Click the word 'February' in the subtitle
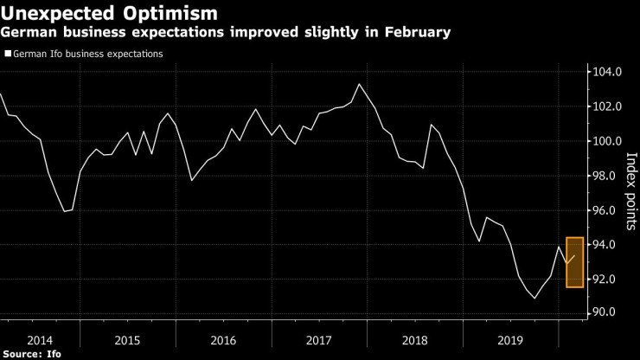[415, 32]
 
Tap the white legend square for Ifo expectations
[7, 54]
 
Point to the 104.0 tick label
[606, 72]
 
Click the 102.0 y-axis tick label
[606, 106]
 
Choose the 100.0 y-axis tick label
[606, 141]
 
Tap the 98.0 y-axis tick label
[608, 176]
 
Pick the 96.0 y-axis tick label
[608, 210]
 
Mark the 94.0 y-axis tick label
[608, 245]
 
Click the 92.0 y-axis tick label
[608, 280]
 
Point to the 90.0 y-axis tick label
[608, 312]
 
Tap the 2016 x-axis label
[223, 340]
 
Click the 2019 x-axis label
[510, 340]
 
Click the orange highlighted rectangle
[575, 262]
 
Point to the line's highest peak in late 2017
[359, 84]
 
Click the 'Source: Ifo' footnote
[33, 354]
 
